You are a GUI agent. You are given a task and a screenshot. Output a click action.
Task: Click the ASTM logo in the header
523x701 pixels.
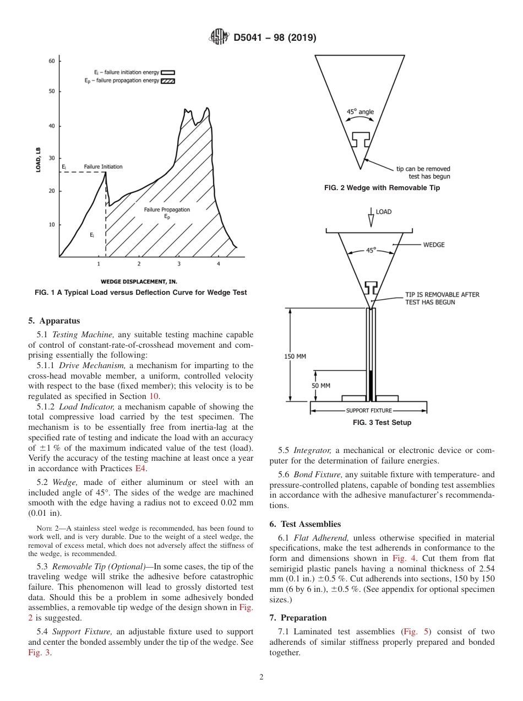click(219, 37)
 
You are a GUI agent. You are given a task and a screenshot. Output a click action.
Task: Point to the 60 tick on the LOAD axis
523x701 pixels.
click(51, 61)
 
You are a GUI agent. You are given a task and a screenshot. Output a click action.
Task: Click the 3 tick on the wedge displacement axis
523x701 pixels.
click(179, 264)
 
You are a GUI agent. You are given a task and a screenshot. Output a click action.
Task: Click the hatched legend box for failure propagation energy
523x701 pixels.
click(168, 81)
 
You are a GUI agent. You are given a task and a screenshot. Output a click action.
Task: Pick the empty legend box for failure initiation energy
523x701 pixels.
click(168, 72)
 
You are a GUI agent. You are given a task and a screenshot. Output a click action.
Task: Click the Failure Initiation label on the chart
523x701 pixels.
click(103, 166)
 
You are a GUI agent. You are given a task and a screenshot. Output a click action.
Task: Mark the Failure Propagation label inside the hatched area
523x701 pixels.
click(167, 210)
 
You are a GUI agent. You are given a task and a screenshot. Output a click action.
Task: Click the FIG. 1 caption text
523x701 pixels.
click(141, 293)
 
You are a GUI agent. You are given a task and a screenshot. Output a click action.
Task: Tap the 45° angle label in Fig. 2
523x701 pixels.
click(360, 112)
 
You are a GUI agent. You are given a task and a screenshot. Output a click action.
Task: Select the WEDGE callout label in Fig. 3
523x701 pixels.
click(434, 245)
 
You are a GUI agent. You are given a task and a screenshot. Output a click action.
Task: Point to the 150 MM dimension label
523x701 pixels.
click(295, 357)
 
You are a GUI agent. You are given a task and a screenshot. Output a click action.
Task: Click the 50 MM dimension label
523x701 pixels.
click(322, 386)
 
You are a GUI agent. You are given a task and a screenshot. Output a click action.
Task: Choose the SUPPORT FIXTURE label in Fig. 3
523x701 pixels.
click(369, 411)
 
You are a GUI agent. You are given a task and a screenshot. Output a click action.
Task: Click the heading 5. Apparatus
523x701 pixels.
click(54, 321)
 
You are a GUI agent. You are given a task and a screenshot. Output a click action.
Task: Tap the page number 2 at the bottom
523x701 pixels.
click(261, 677)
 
